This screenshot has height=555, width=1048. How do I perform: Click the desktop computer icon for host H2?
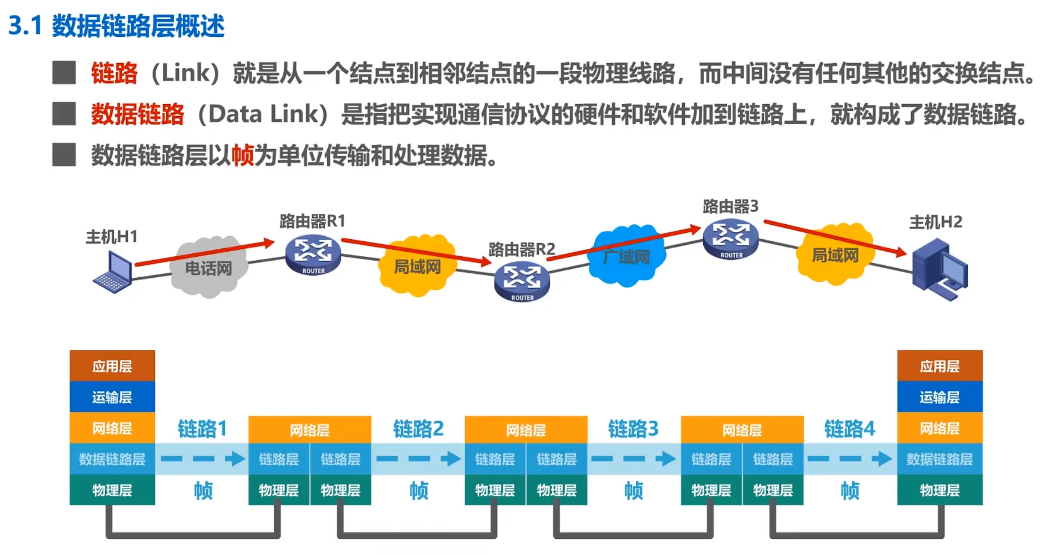pyautogui.click(x=939, y=270)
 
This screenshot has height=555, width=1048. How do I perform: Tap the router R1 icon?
pyautogui.click(x=313, y=255)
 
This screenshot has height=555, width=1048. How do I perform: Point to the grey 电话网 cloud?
pyautogui.click(x=208, y=267)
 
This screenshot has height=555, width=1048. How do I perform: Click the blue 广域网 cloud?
pyautogui.click(x=626, y=255)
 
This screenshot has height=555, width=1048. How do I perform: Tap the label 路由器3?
pyautogui.click(x=731, y=206)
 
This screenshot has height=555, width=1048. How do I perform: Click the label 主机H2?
pyautogui.click(x=936, y=222)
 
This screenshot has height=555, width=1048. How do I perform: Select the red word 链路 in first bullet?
pyautogui.click(x=114, y=73)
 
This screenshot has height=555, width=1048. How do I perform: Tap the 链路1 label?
pyautogui.click(x=202, y=429)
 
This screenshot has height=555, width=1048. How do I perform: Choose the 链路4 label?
pyautogui.click(x=849, y=429)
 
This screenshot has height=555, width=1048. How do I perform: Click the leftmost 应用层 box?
pyautogui.click(x=112, y=366)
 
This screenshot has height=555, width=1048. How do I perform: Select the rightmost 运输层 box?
pyautogui.click(x=939, y=397)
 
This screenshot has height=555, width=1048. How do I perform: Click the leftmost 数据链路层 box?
pyautogui.click(x=112, y=459)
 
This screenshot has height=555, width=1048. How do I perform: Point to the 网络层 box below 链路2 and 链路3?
pyautogui.click(x=526, y=430)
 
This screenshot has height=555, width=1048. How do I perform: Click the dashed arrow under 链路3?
pyautogui.click(x=634, y=459)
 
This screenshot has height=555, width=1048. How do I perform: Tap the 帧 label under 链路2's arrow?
pyautogui.click(x=418, y=490)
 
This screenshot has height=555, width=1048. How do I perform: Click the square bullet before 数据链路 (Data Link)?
pyautogui.click(x=64, y=114)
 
